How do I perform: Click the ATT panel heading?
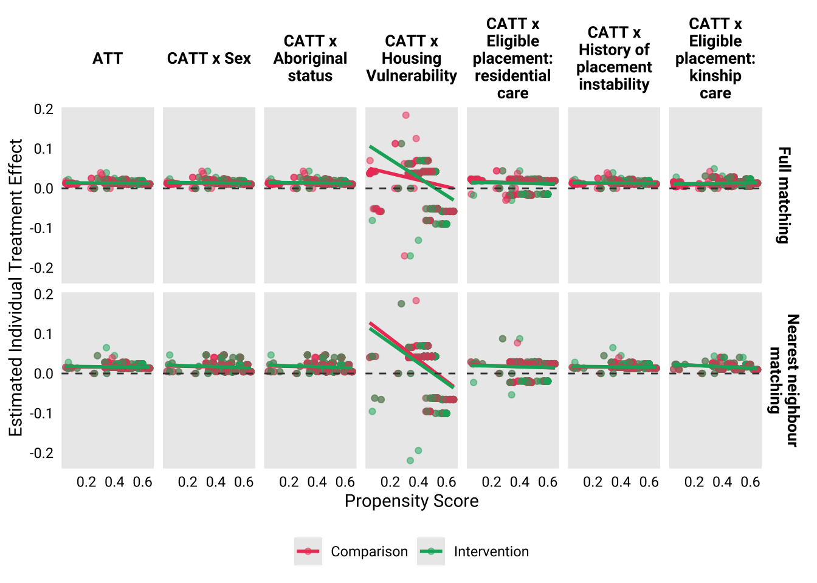click(x=108, y=58)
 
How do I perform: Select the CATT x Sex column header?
click(x=209, y=58)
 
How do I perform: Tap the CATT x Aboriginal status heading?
click(x=310, y=58)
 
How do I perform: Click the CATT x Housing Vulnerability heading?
click(x=412, y=58)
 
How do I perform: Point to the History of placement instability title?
click(x=614, y=58)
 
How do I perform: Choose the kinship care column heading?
click(x=715, y=58)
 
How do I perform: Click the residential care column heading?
click(x=512, y=58)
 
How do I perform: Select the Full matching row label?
click(x=784, y=195)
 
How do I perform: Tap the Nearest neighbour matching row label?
click(x=784, y=380)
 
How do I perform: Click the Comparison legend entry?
click(x=369, y=551)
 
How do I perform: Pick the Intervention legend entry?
click(x=491, y=551)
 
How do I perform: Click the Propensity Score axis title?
click(x=412, y=501)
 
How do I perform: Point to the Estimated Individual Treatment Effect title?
click(x=16, y=288)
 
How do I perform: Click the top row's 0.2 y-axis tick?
click(x=44, y=109)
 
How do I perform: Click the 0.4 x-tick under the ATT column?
click(x=114, y=482)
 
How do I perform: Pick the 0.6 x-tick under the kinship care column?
click(x=750, y=482)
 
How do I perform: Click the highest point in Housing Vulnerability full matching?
click(x=406, y=115)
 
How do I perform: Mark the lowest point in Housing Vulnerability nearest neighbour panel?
click(x=410, y=460)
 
